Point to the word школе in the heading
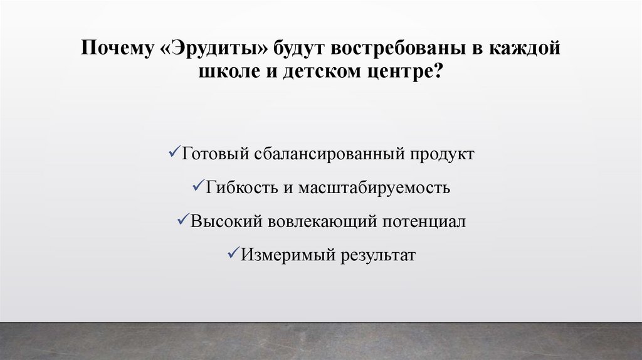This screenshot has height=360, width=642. [x=228, y=72]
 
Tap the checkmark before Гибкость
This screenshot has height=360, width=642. [x=194, y=187]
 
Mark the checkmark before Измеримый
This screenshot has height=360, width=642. [x=231, y=255]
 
